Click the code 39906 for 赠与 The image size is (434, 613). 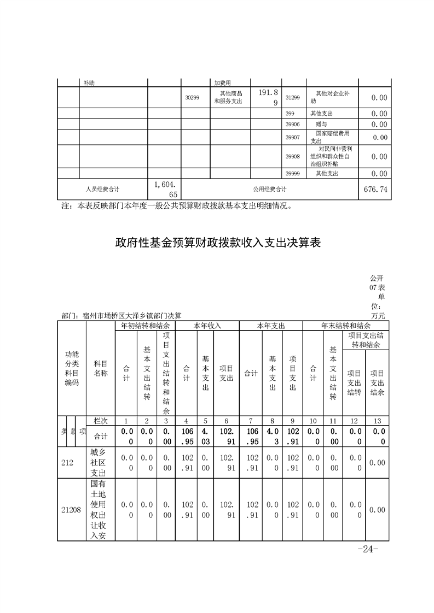(293, 125)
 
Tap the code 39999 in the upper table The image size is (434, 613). (293, 174)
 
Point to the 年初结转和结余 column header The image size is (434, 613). (146, 326)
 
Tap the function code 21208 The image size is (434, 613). (72, 510)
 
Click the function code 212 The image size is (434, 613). (67, 463)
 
